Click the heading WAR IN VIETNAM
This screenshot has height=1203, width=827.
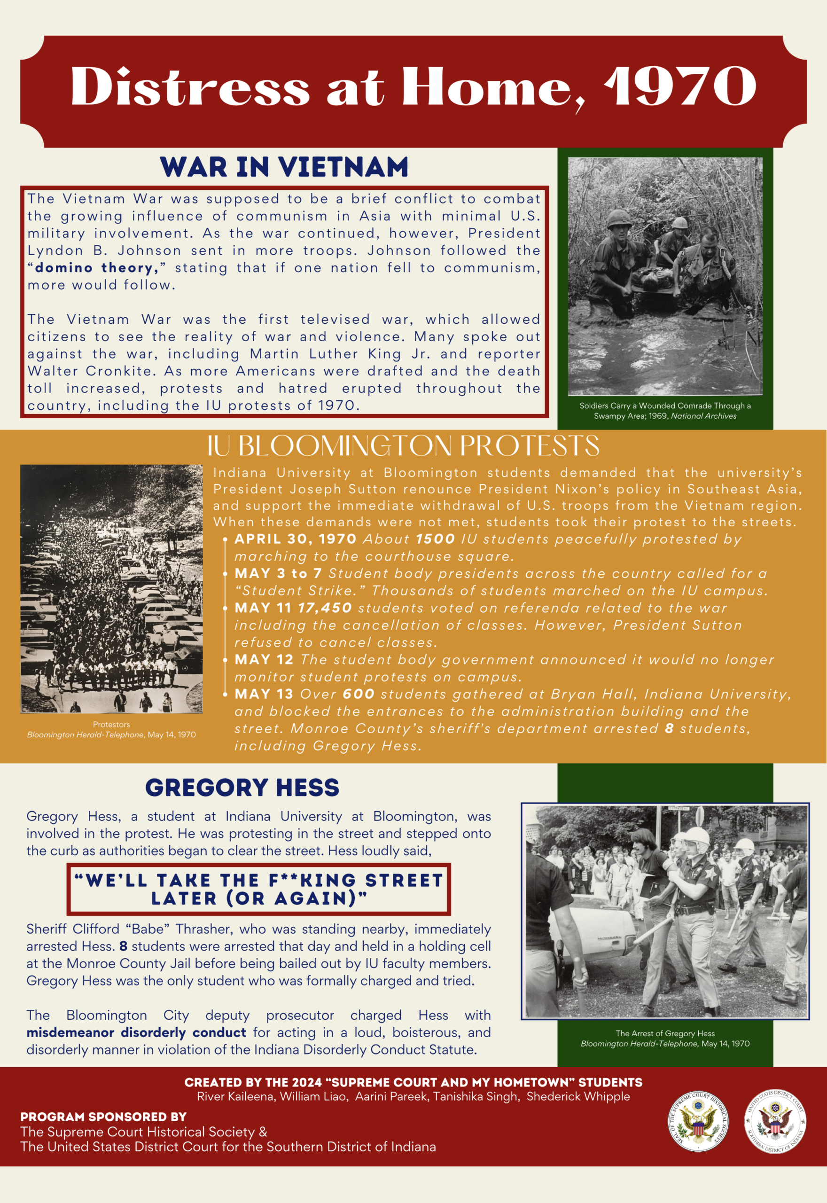pyautogui.click(x=284, y=167)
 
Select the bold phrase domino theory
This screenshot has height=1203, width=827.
pyautogui.click(x=96, y=268)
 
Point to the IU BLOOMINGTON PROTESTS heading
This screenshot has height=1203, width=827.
pyautogui.click(x=403, y=446)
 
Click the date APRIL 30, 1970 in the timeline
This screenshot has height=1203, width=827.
pyautogui.click(x=296, y=539)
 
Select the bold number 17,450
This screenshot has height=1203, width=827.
pyautogui.click(x=325, y=608)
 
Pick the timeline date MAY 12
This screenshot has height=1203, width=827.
pyautogui.click(x=264, y=659)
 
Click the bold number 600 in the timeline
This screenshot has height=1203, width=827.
pyautogui.click(x=358, y=694)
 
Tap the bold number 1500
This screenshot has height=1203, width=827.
pyautogui.click(x=435, y=539)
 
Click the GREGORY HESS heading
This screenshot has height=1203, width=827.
pyautogui.click(x=242, y=788)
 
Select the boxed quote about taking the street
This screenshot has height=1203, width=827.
pyautogui.click(x=258, y=889)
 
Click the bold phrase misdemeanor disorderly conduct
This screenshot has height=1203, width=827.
pyautogui.click(x=136, y=1032)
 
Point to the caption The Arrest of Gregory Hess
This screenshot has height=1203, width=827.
pyautogui.click(x=665, y=1033)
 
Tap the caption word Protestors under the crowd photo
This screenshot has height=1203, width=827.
pyautogui.click(x=111, y=724)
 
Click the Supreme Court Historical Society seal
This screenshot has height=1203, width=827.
pyautogui.click(x=697, y=1122)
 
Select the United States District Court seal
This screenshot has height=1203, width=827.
pyautogui.click(x=775, y=1122)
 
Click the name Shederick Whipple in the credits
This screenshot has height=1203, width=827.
pyautogui.click(x=578, y=1096)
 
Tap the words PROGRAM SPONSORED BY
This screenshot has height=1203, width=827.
pyautogui.click(x=103, y=1117)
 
